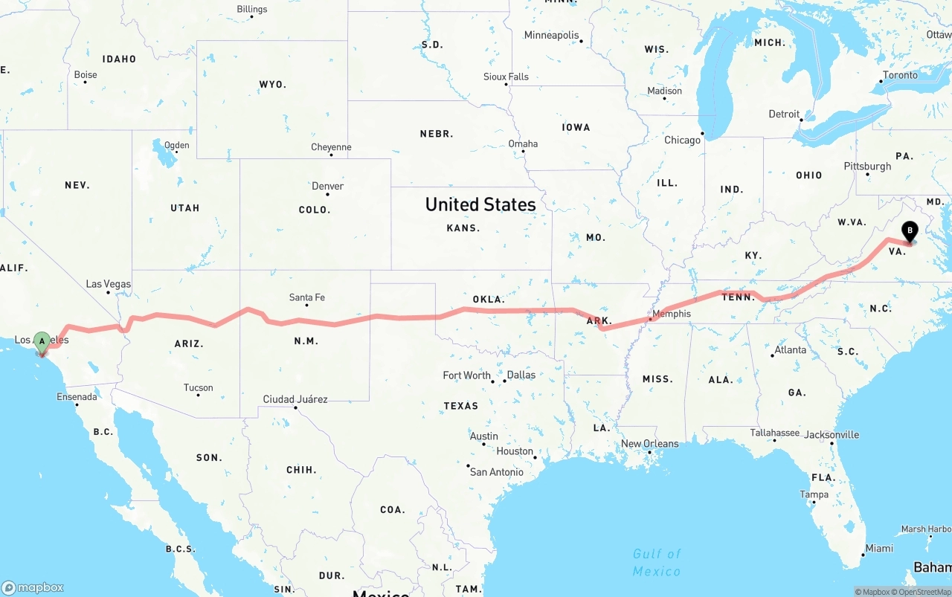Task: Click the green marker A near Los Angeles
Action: tap(42, 342)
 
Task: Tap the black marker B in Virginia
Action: tap(910, 231)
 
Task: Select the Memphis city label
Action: tap(671, 314)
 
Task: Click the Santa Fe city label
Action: tap(306, 297)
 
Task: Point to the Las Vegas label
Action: tap(108, 284)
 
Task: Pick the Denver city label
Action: tap(327, 186)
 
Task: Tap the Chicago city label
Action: tap(682, 140)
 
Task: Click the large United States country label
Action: tap(480, 204)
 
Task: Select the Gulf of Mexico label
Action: tap(657, 562)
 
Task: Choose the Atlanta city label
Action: tap(790, 349)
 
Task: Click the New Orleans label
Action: tap(649, 444)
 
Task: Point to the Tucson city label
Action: tap(198, 387)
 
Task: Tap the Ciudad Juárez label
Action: tap(295, 399)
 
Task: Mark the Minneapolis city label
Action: tap(551, 35)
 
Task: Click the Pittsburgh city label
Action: tap(867, 166)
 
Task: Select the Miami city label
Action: tap(879, 548)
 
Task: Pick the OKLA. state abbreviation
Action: tap(489, 300)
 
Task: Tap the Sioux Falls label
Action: tap(506, 77)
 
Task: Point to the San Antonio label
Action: tap(496, 472)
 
